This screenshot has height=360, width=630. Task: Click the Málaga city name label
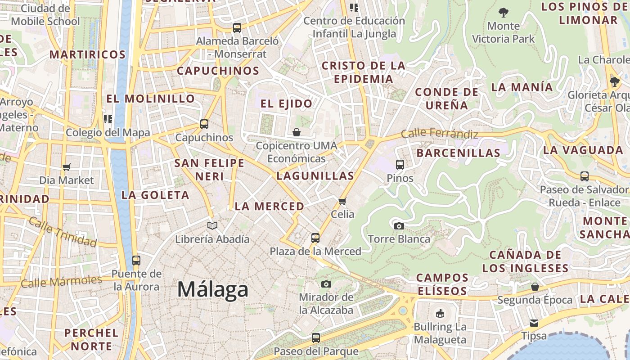(x=212, y=289)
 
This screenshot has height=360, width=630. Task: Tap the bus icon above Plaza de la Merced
(x=315, y=238)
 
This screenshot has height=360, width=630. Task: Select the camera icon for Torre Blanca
(x=399, y=226)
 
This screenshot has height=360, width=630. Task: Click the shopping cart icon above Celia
(x=342, y=201)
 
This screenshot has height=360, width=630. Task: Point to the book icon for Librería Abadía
(x=212, y=225)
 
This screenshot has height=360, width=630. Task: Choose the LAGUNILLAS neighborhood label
(x=315, y=176)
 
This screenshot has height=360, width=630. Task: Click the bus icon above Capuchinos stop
(x=204, y=124)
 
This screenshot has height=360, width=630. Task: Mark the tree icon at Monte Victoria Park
(x=504, y=13)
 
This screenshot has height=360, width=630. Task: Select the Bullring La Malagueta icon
(x=440, y=313)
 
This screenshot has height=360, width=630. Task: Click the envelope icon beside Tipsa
(x=534, y=323)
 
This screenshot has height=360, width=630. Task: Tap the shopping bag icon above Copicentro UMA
(x=297, y=132)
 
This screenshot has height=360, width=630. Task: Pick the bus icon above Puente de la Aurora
(x=136, y=260)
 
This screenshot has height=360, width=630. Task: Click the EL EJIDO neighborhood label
(x=286, y=103)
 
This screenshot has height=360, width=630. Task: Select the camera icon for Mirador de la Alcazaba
(x=326, y=284)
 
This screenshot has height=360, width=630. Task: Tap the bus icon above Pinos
(x=400, y=164)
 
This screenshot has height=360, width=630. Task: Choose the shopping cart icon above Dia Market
(x=67, y=167)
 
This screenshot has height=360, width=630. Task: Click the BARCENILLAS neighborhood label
(x=458, y=153)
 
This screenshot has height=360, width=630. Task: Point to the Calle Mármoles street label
(x=62, y=282)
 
